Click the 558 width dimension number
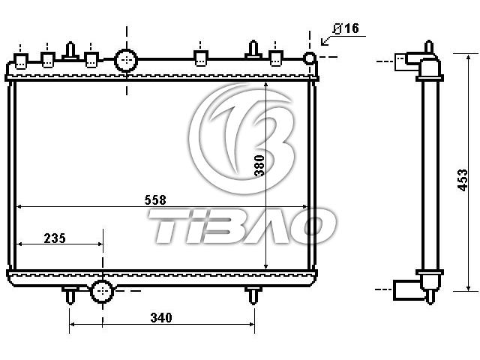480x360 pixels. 155,200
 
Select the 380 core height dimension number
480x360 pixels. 259,165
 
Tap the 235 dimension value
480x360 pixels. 55,238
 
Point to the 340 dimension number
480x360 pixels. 161,318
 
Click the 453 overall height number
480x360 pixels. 463,180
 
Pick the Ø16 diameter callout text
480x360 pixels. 346,28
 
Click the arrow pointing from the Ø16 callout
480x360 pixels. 328,39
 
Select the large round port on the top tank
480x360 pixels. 126,60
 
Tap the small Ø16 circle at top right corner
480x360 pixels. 310,57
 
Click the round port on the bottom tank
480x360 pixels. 102,291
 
